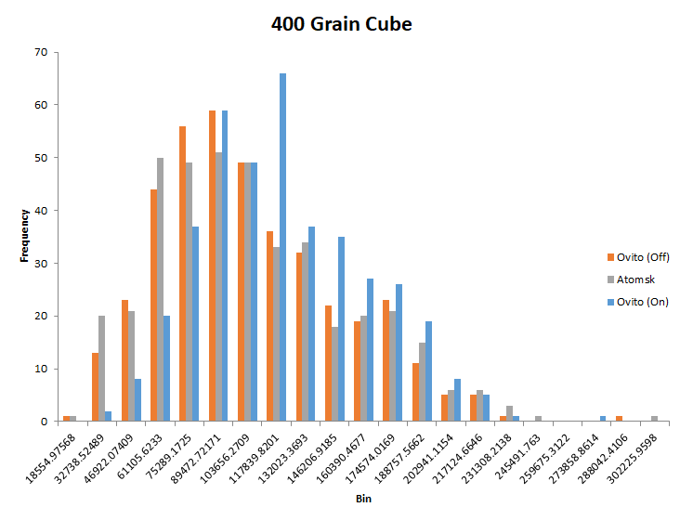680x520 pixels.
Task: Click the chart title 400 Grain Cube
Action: click(x=341, y=24)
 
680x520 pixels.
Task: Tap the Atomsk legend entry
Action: click(x=631, y=279)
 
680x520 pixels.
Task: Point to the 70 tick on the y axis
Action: click(x=40, y=53)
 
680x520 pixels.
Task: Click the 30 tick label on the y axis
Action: click(x=40, y=264)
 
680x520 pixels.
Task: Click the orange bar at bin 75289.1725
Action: click(x=183, y=274)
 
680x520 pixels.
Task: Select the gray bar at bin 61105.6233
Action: click(x=160, y=290)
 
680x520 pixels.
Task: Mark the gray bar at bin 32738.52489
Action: click(x=101, y=369)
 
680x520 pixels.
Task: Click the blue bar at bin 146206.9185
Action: click(x=341, y=329)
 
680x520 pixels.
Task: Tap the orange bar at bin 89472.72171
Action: click(x=212, y=266)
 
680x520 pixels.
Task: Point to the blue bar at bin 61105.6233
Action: click(x=167, y=369)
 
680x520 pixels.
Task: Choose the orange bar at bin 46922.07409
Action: click(x=124, y=360)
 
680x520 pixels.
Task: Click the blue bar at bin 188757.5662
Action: click(x=428, y=371)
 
